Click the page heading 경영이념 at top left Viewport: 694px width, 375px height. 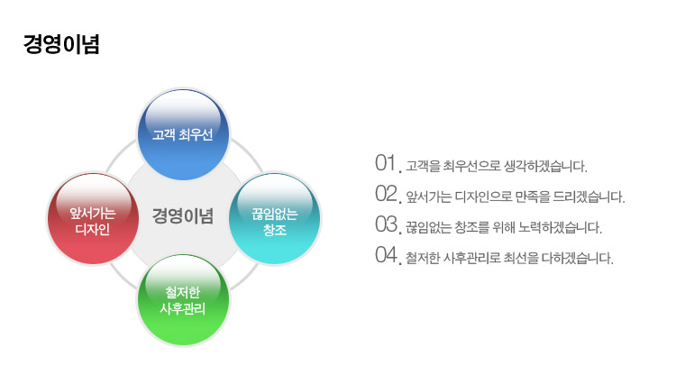click(61, 44)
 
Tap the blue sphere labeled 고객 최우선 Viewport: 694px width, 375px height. click(183, 134)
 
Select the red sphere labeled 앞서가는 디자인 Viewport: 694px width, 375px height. click(93, 219)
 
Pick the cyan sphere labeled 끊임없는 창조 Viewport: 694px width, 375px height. click(275, 219)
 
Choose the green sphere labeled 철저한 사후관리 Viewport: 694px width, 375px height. click(183, 300)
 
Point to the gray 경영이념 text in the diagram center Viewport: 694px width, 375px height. click(183, 216)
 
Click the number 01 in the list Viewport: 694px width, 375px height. click(385, 163)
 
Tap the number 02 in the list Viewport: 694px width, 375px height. click(386, 194)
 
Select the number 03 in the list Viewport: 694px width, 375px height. click(386, 224)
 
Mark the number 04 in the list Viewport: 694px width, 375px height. click(386, 254)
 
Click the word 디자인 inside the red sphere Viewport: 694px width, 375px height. click(93, 229)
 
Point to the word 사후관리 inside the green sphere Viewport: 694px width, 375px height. click(183, 308)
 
